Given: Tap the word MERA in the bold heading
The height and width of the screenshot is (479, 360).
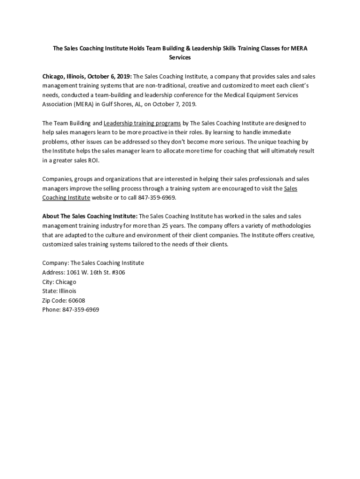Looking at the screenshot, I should pos(299,48).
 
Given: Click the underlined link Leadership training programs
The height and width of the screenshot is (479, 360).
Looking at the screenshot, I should pos(142,123).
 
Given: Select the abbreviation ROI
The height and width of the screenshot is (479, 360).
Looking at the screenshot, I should pos(93,160).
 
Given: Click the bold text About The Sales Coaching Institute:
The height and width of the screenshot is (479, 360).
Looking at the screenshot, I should pos(90,216).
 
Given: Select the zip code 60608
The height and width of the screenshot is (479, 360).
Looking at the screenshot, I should pos(76,300).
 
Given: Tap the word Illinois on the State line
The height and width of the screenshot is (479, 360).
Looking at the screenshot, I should pos(67,291).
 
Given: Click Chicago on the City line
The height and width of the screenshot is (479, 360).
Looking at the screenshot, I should pos(65,282).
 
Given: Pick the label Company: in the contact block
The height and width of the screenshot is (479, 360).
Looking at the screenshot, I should pos(55,263).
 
